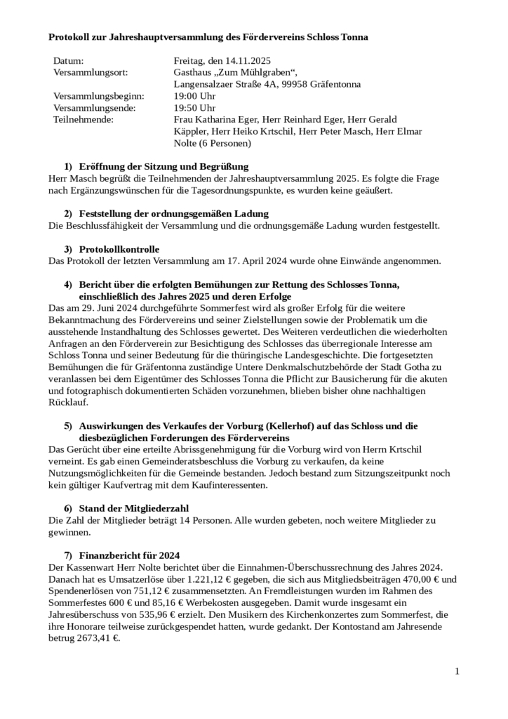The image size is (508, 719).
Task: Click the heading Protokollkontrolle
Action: click(119, 249)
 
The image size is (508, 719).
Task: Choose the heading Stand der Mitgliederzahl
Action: click(133, 508)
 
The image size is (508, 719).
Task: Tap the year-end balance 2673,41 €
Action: click(96, 639)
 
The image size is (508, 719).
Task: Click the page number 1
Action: click(457, 672)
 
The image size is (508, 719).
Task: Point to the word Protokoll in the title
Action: click(71, 36)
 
